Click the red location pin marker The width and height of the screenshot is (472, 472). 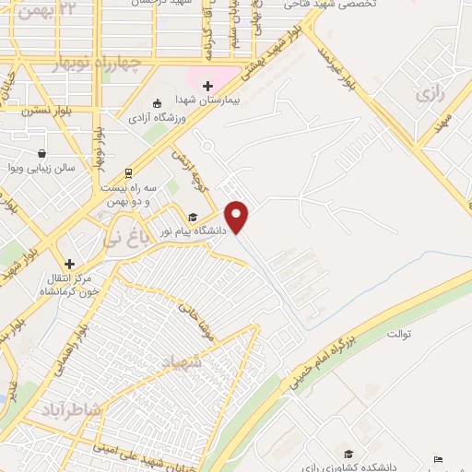pos(238,216)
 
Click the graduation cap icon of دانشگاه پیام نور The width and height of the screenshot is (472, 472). pos(193,218)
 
